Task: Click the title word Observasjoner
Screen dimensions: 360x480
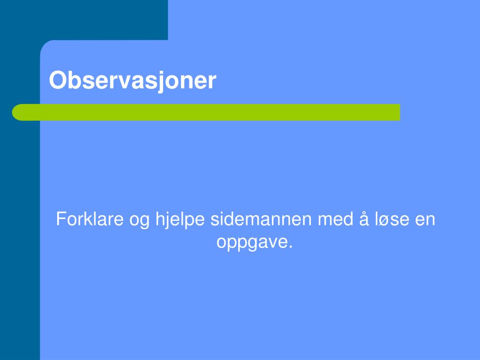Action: coord(133,80)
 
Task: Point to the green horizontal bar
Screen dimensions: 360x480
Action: coord(206,112)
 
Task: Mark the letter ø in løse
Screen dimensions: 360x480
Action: coord(388,220)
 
